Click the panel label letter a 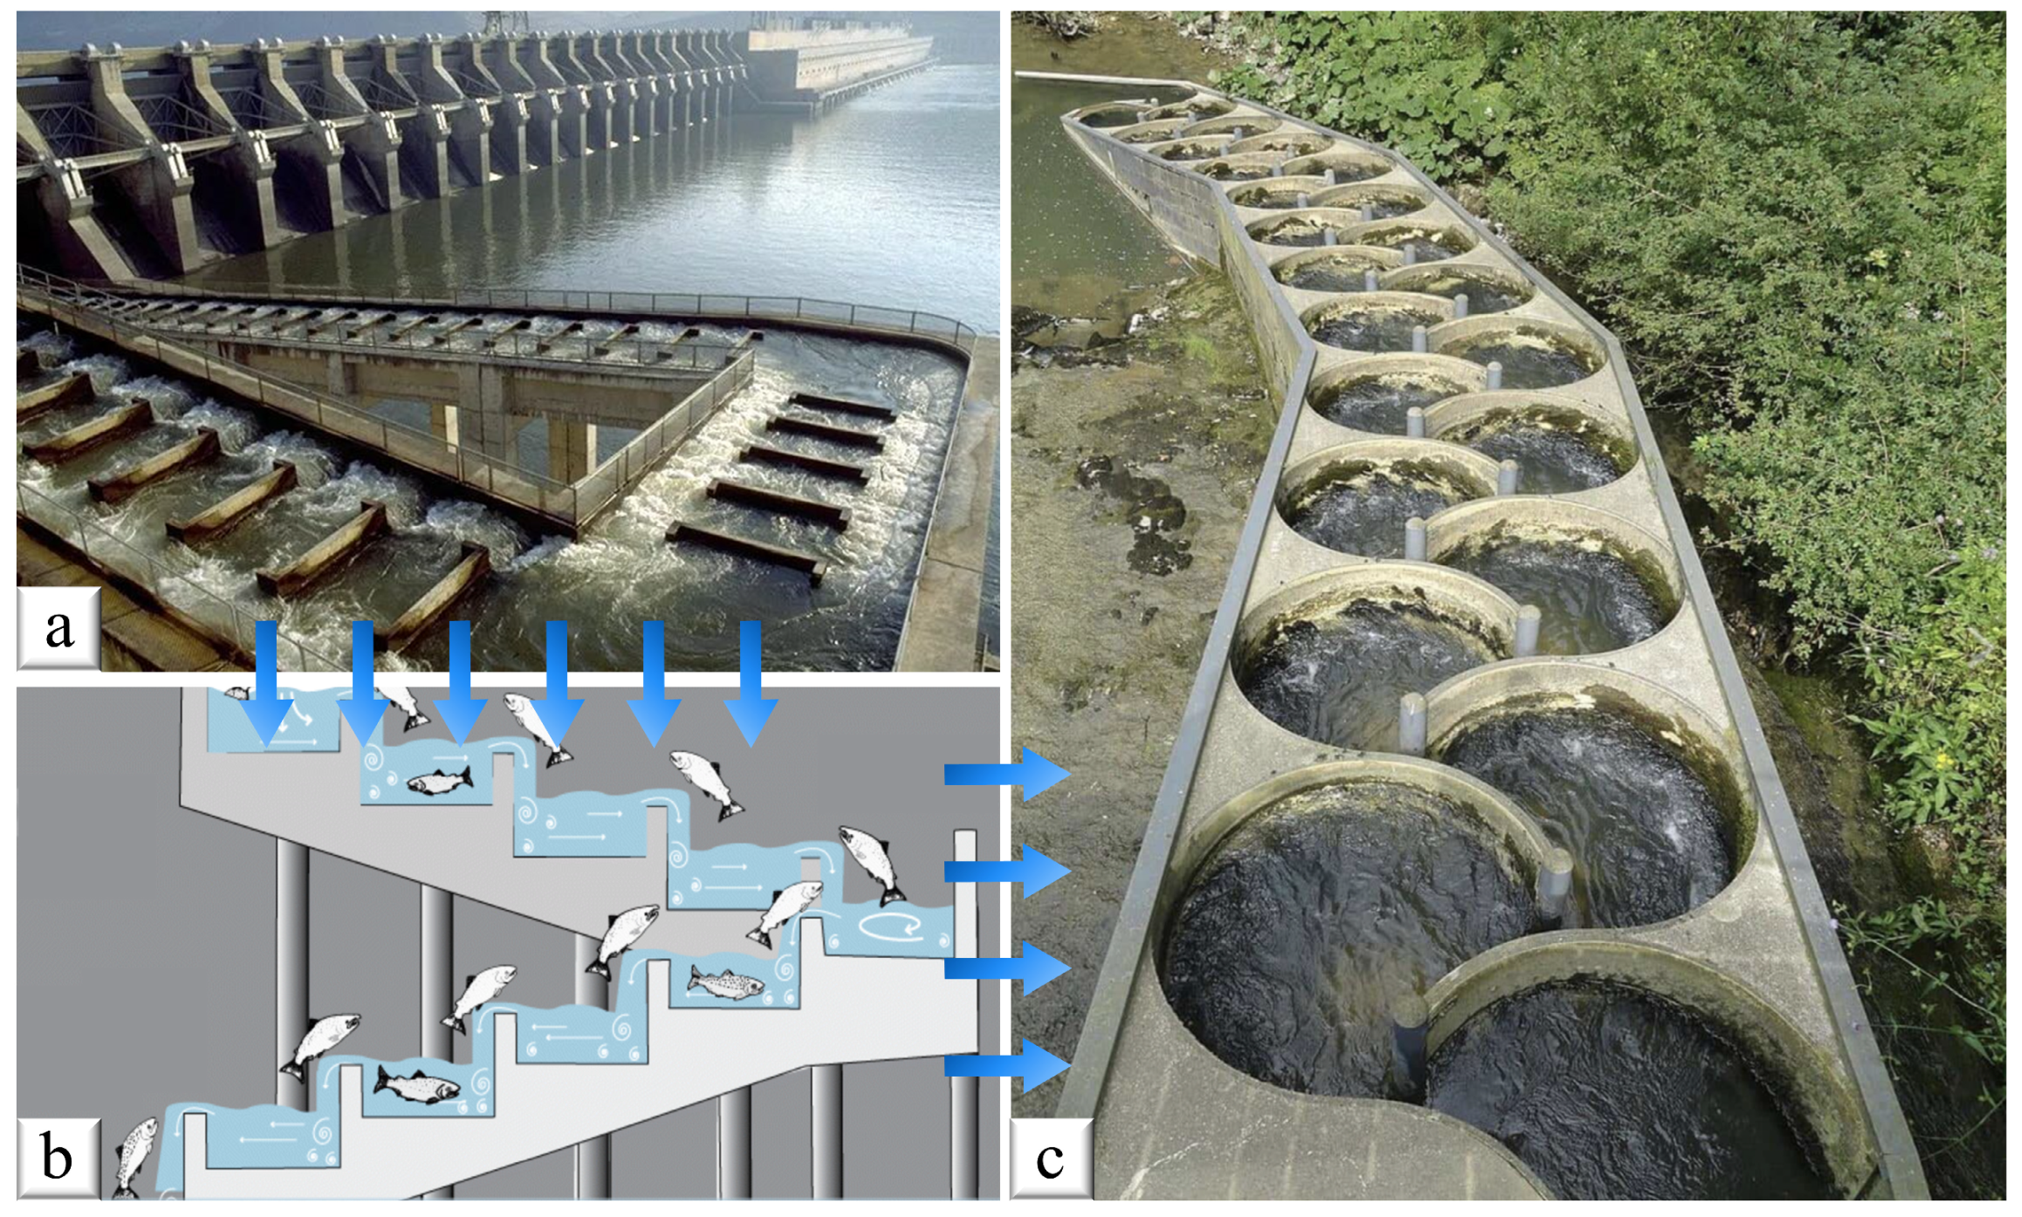pos(58,628)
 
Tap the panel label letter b pos(58,1158)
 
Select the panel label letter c pos(1050,1158)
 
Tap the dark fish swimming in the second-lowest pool pos(417,1084)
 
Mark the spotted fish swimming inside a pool pos(724,983)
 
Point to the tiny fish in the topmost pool pos(236,693)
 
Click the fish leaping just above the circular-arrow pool pos(871,865)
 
